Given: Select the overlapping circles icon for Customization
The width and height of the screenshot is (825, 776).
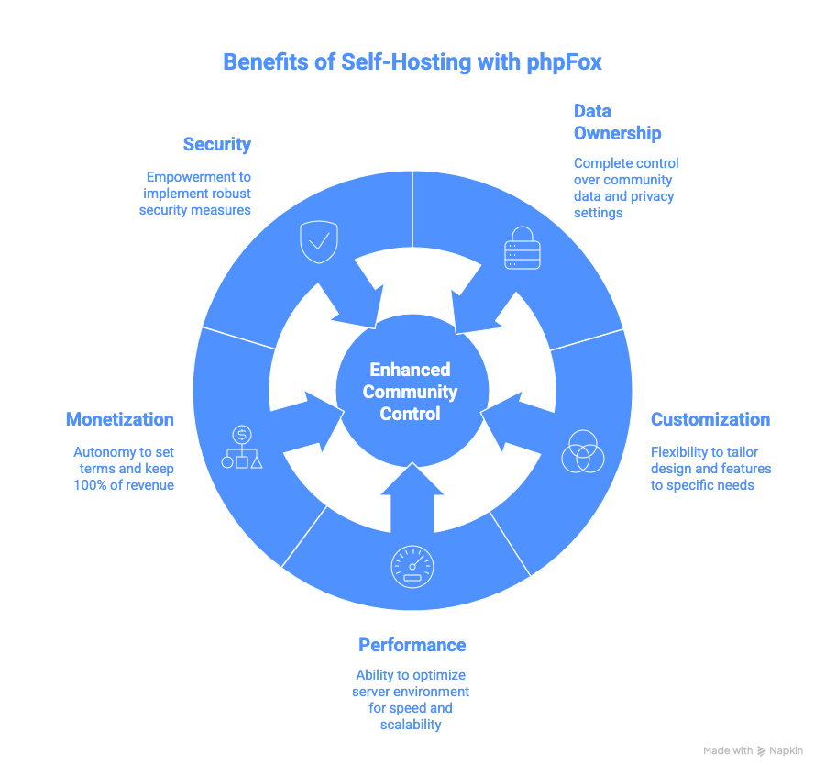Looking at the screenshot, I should [582, 450].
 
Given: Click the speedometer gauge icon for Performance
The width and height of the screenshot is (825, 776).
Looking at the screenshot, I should [412, 566].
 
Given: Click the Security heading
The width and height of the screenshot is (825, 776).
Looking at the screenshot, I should [216, 144].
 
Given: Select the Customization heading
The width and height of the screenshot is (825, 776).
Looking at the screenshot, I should [709, 419].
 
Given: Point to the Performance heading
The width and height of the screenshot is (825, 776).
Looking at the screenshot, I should [412, 644].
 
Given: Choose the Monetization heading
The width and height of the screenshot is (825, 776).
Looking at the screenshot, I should [119, 419].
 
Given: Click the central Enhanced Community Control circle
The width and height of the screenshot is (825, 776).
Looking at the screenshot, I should [411, 392].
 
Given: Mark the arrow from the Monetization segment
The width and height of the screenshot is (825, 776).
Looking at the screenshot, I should [316, 418].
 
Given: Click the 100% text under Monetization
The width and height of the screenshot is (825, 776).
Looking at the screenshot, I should [93, 484].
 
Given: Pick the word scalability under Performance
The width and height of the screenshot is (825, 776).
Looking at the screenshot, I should [411, 725].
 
